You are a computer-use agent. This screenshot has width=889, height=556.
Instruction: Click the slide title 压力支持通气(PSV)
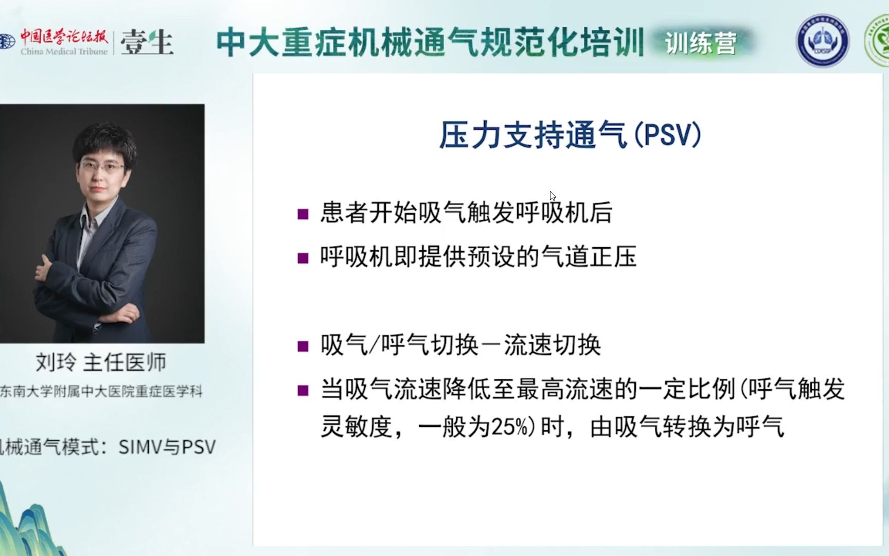pos(570,135)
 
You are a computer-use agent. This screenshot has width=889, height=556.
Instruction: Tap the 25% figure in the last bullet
pos(510,427)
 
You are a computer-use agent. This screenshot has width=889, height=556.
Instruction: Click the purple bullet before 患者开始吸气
pos(303,214)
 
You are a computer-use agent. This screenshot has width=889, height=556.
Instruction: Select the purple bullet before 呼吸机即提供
pos(303,257)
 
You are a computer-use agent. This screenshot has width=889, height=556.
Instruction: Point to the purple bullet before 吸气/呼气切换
pos(303,346)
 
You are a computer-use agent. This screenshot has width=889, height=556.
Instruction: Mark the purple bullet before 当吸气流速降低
pos(303,390)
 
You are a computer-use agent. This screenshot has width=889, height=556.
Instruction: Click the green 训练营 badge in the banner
pos(701,43)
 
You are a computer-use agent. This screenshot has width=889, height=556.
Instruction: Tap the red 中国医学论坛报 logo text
pos(64,37)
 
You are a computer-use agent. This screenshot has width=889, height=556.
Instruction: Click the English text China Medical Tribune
pos(64,51)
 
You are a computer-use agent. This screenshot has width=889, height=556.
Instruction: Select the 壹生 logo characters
pos(147,42)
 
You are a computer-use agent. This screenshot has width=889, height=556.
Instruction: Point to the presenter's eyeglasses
pos(102,166)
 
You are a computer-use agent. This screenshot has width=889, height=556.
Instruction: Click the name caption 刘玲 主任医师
pos(101,362)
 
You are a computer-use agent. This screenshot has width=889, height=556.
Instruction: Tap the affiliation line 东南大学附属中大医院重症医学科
pos(101,391)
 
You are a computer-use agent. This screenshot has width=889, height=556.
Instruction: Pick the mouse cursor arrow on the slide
pos(552,195)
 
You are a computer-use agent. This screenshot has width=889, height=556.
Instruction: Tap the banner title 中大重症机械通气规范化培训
pos(430,42)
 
